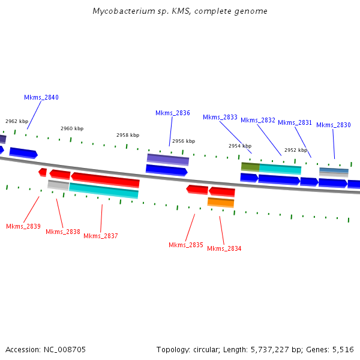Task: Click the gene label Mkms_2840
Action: click(41, 97)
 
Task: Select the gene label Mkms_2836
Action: click(173, 113)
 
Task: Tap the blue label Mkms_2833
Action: click(220, 117)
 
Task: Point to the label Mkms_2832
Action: click(258, 120)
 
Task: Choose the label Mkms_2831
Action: click(295, 122)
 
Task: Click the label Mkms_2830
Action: click(334, 125)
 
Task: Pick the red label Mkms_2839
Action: click(23, 226)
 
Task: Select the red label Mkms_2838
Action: click(63, 232)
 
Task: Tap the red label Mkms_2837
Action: click(101, 236)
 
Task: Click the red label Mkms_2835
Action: click(186, 245)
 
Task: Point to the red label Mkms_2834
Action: click(224, 248)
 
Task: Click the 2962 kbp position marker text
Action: click(17, 121)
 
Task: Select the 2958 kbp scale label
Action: click(128, 135)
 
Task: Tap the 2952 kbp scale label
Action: click(296, 150)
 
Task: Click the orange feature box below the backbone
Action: click(221, 202)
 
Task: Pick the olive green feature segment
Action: click(250, 166)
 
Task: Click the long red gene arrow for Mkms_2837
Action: click(106, 179)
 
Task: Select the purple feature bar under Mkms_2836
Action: click(168, 159)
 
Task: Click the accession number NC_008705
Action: click(65, 349)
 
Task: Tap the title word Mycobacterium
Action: click(118, 11)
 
